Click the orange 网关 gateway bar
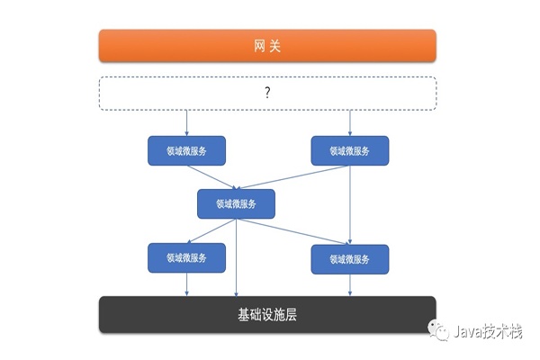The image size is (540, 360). click(x=267, y=46)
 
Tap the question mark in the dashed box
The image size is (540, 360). click(x=267, y=93)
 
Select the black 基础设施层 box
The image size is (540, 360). click(x=267, y=314)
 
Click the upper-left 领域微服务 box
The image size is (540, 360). click(x=186, y=150)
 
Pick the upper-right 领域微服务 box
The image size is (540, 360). click(x=350, y=150)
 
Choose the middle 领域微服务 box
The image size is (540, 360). click(x=236, y=203)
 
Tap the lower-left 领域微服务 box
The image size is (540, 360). click(x=186, y=257)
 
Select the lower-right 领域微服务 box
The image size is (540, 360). click(x=350, y=259)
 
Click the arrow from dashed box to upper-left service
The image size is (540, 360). click(x=186, y=123)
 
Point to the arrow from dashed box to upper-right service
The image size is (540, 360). click(x=350, y=123)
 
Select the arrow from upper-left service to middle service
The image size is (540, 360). click(x=212, y=177)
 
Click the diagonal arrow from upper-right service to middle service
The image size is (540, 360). click(x=292, y=177)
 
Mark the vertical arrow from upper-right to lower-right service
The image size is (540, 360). click(x=350, y=204)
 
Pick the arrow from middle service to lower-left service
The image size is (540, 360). click(x=211, y=230)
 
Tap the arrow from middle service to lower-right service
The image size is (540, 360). click(x=292, y=231)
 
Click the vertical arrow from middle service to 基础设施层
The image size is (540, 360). click(x=236, y=257)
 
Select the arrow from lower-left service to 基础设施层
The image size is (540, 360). click(x=186, y=284)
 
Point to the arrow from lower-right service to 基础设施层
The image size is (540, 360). click(x=350, y=285)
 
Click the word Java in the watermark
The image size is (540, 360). click(x=467, y=331)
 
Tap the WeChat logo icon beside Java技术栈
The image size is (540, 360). click(x=438, y=329)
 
